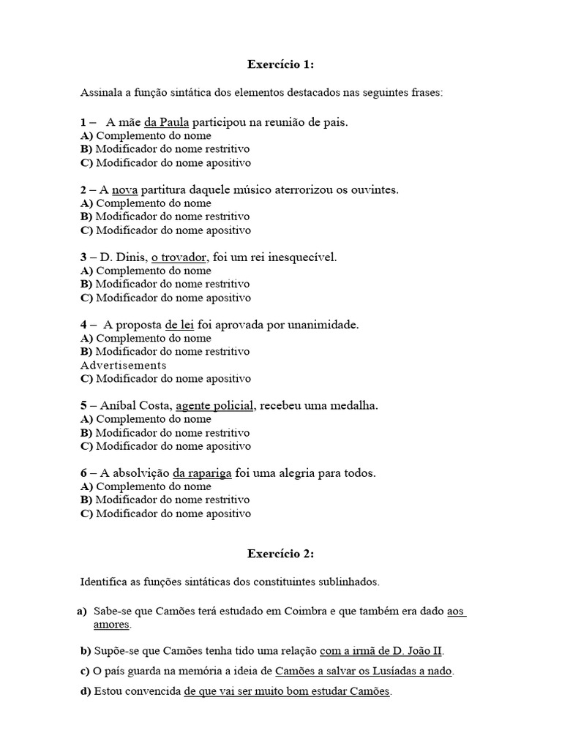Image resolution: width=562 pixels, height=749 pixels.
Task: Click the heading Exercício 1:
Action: tap(281, 65)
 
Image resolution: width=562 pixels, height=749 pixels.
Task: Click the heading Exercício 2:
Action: tap(281, 554)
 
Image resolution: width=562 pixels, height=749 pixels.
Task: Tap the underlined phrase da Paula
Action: tap(168, 122)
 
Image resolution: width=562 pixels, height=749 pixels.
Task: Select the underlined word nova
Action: tap(124, 189)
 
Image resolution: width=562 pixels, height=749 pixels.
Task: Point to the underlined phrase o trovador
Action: tap(180, 257)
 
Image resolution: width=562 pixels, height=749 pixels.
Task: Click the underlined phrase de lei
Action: tap(179, 325)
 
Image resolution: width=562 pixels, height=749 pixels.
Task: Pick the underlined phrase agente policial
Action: tap(214, 405)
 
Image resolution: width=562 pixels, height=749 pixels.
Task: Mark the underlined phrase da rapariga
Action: tap(202, 473)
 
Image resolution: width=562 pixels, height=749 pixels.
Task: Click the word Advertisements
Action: tap(124, 365)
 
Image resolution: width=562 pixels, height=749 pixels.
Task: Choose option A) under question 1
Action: tap(87, 136)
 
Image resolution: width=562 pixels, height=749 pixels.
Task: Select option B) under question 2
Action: tap(87, 217)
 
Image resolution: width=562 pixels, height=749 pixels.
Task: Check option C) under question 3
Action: tap(87, 298)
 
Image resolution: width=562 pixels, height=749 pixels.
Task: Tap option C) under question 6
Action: tap(87, 513)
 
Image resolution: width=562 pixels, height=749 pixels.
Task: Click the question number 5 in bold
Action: tap(84, 405)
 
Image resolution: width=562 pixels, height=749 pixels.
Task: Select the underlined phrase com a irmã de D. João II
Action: tap(381, 650)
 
